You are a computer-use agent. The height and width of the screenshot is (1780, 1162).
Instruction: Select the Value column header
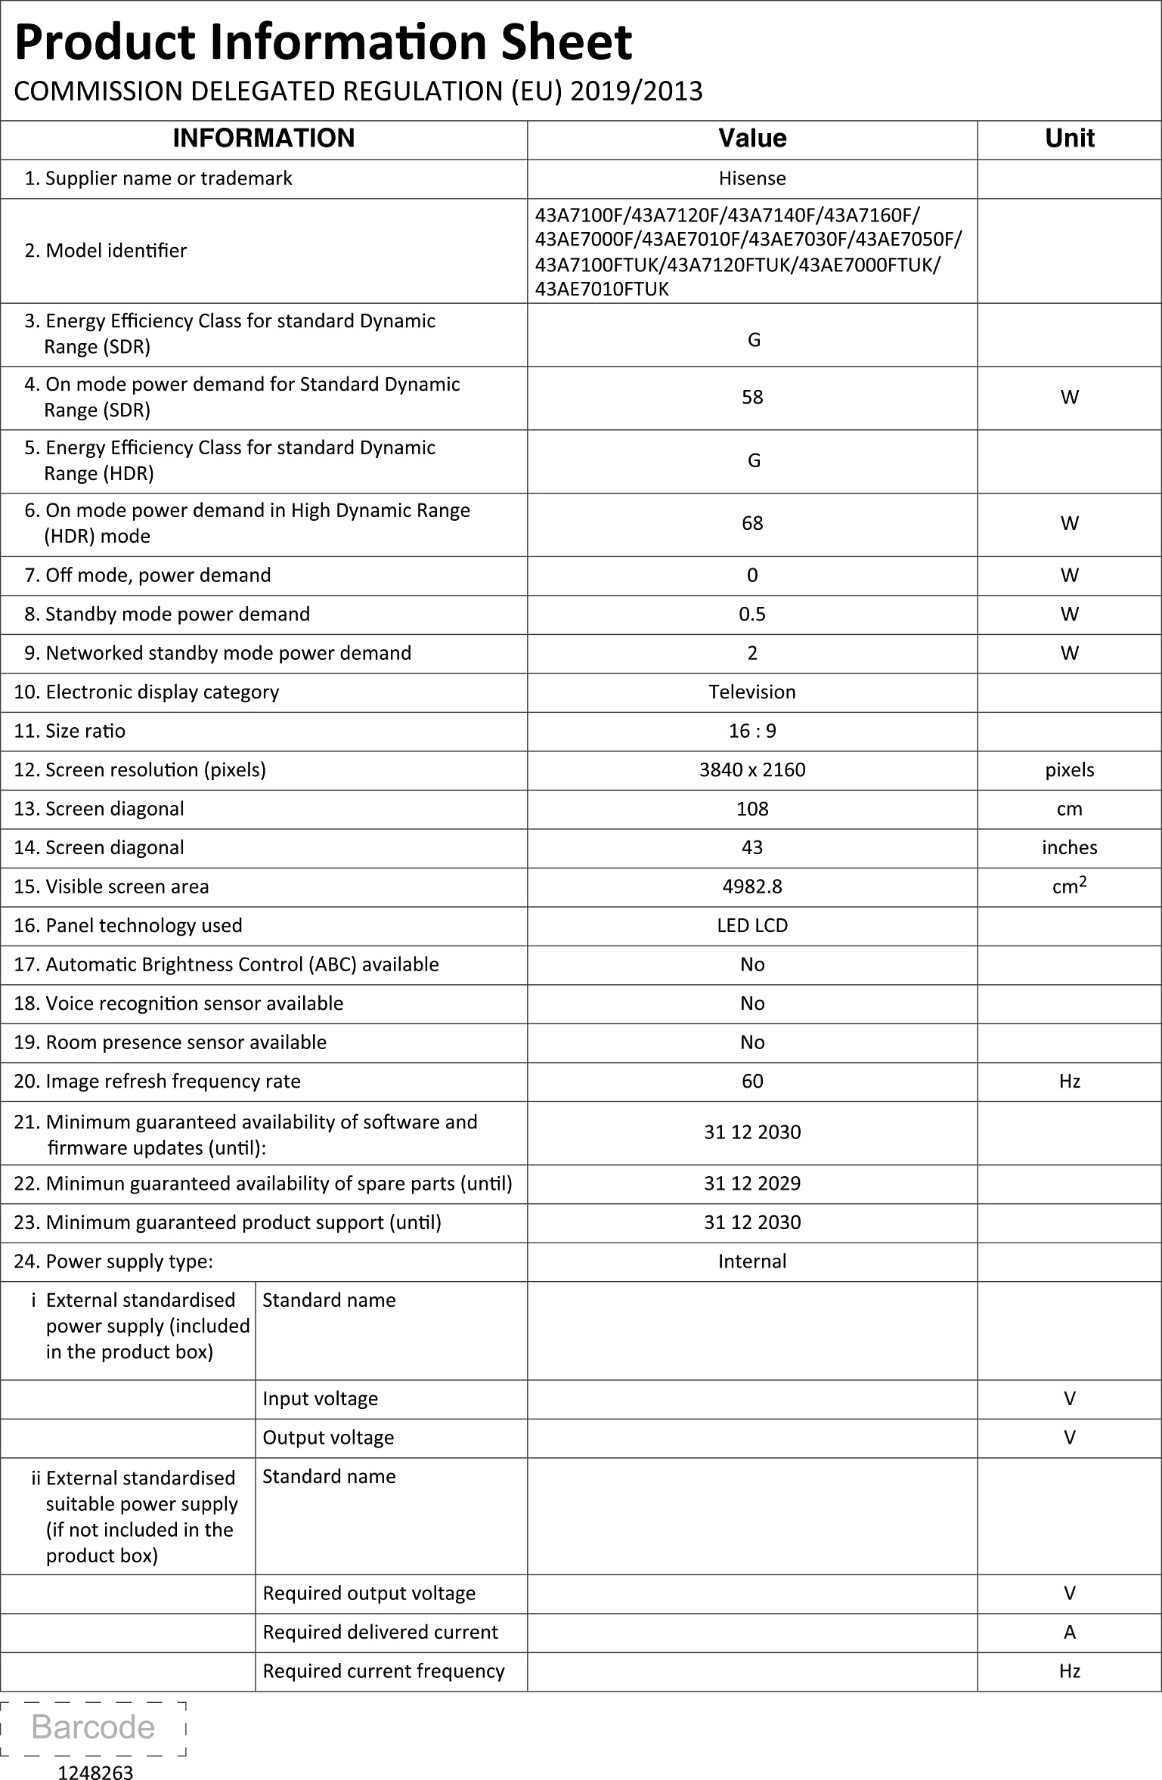752,138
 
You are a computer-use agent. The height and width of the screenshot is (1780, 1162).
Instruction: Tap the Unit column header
1069,138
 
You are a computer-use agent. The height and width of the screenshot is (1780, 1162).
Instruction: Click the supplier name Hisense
752,178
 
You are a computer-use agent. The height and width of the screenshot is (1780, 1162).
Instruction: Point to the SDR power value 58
752,398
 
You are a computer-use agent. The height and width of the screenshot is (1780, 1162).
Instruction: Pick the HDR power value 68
752,524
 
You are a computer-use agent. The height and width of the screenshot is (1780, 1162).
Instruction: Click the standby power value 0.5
752,614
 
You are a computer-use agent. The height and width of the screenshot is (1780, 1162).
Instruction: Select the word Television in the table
752,692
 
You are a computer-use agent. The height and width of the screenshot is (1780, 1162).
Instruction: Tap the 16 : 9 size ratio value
752,731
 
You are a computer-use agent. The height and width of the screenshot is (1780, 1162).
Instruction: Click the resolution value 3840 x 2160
752,770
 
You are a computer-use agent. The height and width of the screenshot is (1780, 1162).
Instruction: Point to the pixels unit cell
1069,770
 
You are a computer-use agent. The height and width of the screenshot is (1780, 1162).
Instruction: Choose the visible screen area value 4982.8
752,887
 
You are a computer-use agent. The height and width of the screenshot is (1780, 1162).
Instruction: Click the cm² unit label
1069,886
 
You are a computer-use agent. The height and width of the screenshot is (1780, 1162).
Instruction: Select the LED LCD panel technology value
752,926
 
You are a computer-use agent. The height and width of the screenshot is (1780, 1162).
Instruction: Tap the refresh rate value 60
752,1082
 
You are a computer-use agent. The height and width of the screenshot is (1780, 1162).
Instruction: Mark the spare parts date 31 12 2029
752,1184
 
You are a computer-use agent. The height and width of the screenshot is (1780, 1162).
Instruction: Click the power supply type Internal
752,1261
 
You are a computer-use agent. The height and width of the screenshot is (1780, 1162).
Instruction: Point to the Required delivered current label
380,1633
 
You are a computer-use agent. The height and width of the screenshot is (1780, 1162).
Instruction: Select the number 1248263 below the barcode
95,1767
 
